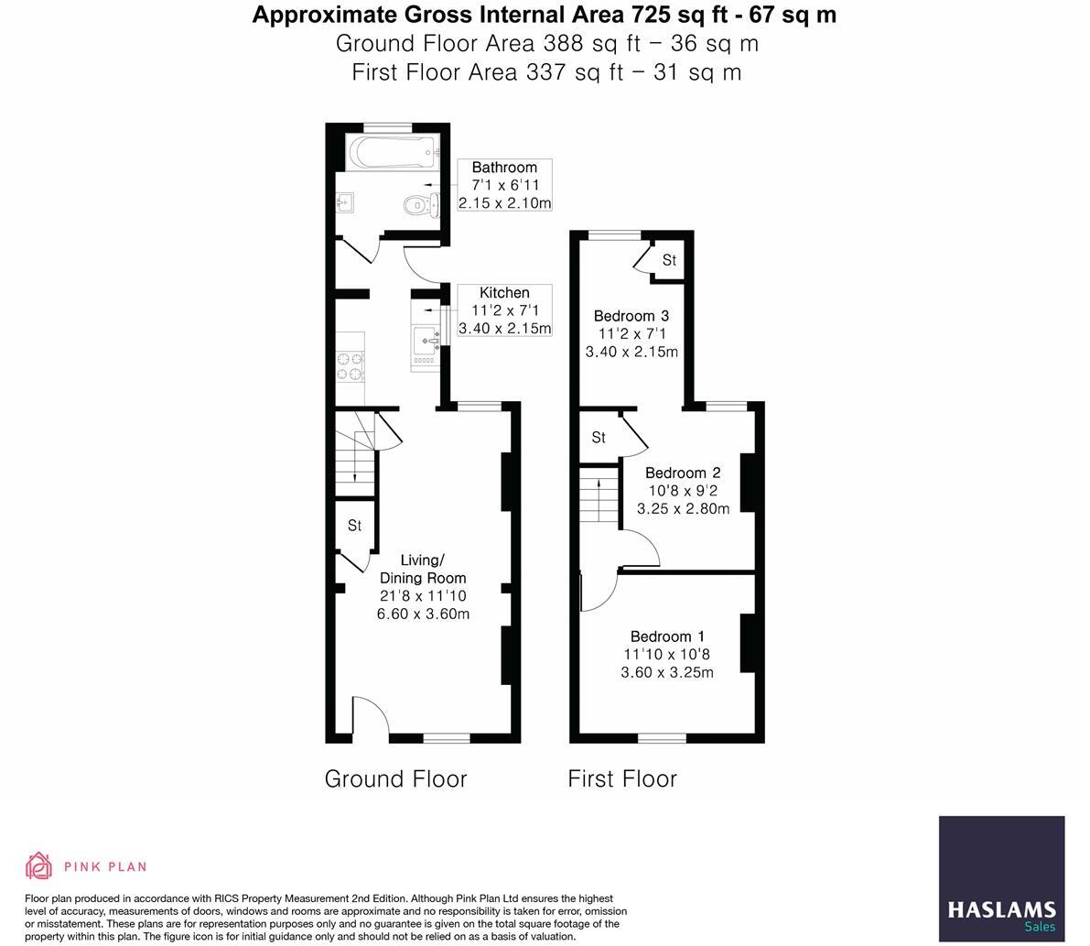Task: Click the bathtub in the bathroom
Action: pyautogui.click(x=387, y=152)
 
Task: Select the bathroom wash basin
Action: pyautogui.click(x=345, y=202)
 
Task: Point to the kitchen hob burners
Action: pyautogui.click(x=350, y=365)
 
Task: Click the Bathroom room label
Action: pyautogui.click(x=504, y=168)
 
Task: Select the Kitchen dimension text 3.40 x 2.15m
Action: pyautogui.click(x=504, y=329)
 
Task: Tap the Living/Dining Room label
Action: pyautogui.click(x=423, y=569)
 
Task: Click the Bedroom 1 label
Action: pyautogui.click(x=667, y=636)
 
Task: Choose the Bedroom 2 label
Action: pyautogui.click(x=683, y=473)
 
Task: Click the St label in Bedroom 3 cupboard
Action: pyautogui.click(x=669, y=260)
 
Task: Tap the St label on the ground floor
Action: pyautogui.click(x=354, y=526)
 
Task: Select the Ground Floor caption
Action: pyautogui.click(x=395, y=778)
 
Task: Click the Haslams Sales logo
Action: pyautogui.click(x=1001, y=878)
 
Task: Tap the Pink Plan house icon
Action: pyautogui.click(x=38, y=865)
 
